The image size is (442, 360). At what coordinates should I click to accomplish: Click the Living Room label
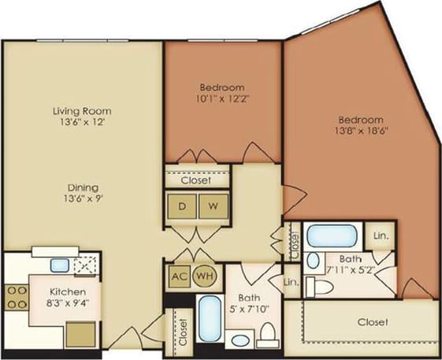tap(82, 111)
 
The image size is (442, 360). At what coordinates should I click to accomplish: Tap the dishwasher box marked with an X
tap(82, 265)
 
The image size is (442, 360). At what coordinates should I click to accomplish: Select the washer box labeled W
tap(212, 206)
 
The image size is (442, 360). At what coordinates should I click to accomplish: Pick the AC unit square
tap(179, 276)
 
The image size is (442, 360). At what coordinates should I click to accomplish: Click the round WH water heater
tap(203, 276)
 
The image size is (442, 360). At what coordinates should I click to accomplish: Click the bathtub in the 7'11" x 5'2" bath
tap(332, 236)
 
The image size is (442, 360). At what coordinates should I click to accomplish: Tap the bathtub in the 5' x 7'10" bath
tap(208, 319)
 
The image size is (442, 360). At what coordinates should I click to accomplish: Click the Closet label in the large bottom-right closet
tap(372, 322)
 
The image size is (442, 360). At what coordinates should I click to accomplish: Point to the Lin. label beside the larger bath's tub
tap(380, 236)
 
